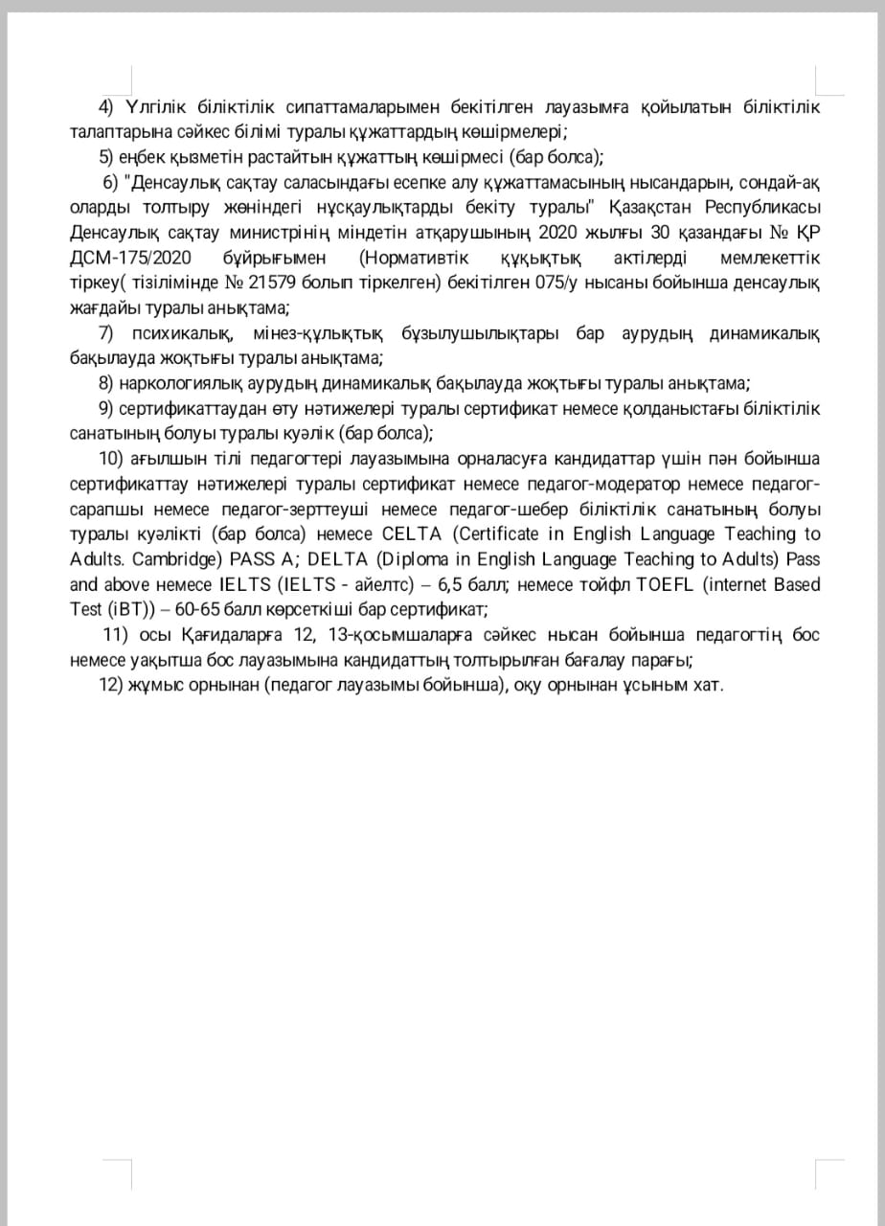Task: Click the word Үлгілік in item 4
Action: pos(148,106)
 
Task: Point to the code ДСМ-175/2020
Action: pos(130,258)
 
